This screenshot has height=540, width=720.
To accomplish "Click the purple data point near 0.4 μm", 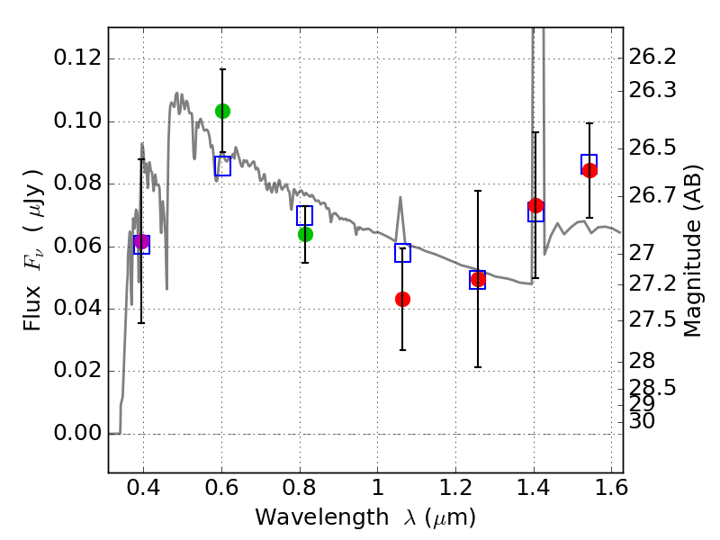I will (x=141, y=241).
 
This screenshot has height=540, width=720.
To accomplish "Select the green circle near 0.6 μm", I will (x=222, y=111).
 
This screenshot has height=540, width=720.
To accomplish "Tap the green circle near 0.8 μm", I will (x=305, y=234).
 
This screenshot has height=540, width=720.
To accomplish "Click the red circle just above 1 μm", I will (x=402, y=299).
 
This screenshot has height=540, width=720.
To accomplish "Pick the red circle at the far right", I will (x=589, y=171).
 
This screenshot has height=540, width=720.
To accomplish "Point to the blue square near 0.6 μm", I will (x=222, y=166).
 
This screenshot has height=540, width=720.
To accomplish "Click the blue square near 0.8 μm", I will (x=304, y=215).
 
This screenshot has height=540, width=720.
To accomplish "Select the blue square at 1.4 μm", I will (x=535, y=212).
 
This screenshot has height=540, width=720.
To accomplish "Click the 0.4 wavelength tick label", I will (x=143, y=490).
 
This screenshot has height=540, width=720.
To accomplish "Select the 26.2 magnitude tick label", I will (x=652, y=57).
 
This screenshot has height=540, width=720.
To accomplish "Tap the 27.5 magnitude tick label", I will (x=652, y=320).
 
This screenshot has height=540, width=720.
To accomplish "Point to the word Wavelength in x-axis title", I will (x=305, y=517).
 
